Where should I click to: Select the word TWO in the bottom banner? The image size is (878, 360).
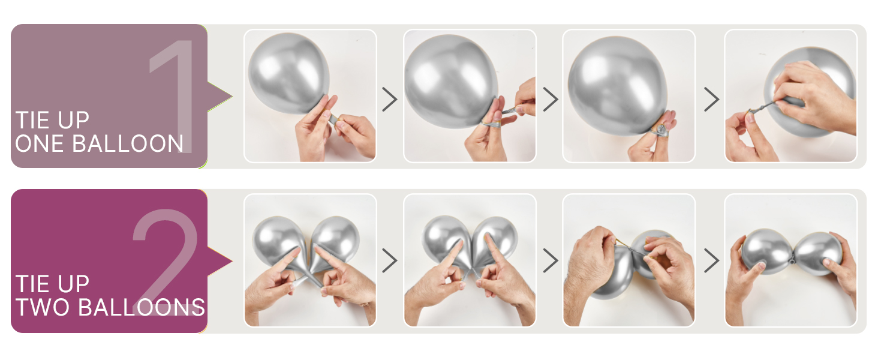43,307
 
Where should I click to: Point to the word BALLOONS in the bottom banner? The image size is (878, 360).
142,307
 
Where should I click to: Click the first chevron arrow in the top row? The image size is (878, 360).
390,99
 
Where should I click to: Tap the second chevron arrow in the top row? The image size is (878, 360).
551,99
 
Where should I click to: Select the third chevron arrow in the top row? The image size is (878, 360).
712,99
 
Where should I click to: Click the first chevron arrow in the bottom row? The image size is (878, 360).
390,260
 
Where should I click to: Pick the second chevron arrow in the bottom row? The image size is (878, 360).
551,260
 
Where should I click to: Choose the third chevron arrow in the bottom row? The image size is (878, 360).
712,260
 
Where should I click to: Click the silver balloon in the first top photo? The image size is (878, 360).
289,73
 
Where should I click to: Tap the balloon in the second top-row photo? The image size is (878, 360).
451,81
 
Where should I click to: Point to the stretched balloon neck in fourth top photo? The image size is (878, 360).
762,107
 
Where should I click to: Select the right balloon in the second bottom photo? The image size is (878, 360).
495,240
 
